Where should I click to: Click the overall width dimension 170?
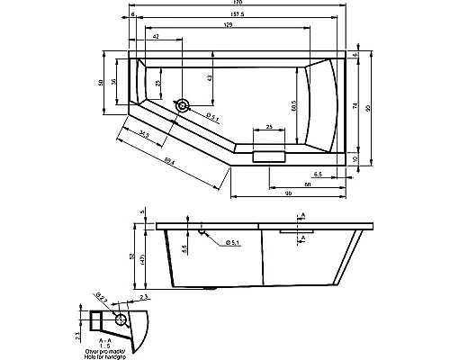coord(237,4)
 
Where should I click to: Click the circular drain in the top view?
coord(183,106)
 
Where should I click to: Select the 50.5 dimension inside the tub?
coord(294,105)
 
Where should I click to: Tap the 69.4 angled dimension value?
coord(169,161)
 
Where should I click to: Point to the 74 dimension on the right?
coord(356,106)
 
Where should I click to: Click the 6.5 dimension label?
coord(319,173)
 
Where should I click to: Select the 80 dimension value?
coord(309,184)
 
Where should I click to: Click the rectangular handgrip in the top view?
coord(269,157)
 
